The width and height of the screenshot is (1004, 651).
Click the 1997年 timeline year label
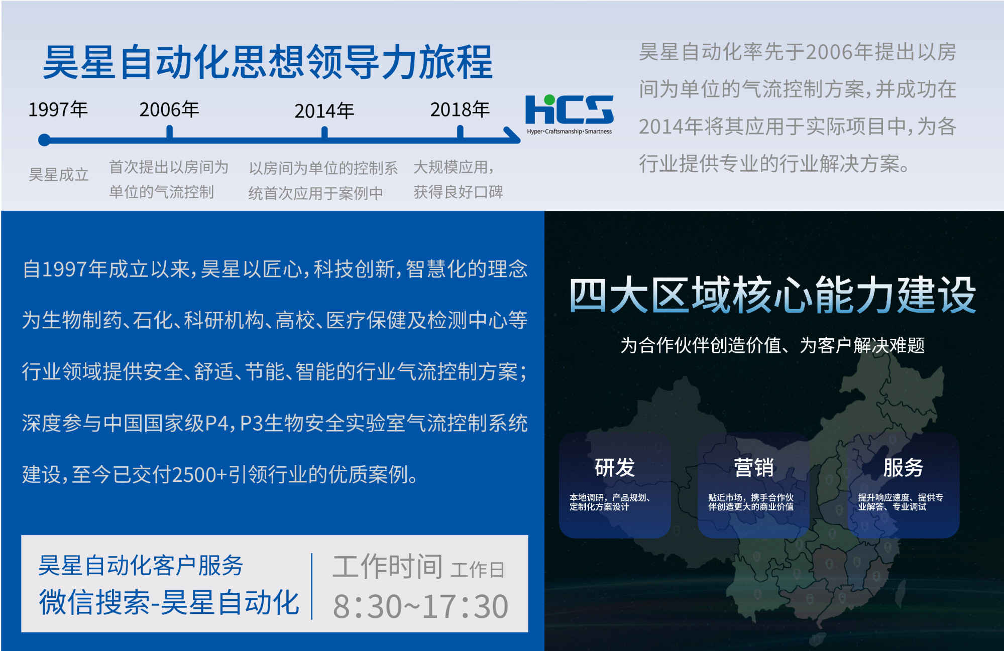pyautogui.click(x=58, y=109)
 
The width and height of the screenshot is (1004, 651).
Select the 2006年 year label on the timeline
pyautogui.click(x=169, y=109)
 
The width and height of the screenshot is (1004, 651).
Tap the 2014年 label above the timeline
pyautogui.click(x=324, y=111)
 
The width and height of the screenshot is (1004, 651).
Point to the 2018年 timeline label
pyautogui.click(x=460, y=109)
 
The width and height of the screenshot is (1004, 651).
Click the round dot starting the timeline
pyautogui.click(x=44, y=140)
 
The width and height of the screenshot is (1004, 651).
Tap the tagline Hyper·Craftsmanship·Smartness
pyautogui.click(x=570, y=132)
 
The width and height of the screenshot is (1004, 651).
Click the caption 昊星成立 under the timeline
pyautogui.click(x=59, y=175)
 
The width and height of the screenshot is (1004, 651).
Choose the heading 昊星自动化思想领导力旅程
pyautogui.click(x=268, y=62)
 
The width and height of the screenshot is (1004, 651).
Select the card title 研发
pyautogui.click(x=615, y=467)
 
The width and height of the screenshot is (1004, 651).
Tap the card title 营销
pyautogui.click(x=753, y=467)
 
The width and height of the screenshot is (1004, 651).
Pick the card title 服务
pyautogui.click(x=903, y=467)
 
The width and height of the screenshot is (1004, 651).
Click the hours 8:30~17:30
pyautogui.click(x=421, y=606)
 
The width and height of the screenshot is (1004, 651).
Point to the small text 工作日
pyautogui.click(x=477, y=570)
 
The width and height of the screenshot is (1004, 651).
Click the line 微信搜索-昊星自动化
pyautogui.click(x=169, y=602)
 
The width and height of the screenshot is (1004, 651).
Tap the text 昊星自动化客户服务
pyautogui.click(x=141, y=566)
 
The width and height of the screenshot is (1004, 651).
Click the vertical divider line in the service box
pyautogui.click(x=312, y=586)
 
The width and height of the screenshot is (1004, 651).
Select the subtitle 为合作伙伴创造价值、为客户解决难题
pyautogui.click(x=772, y=345)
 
